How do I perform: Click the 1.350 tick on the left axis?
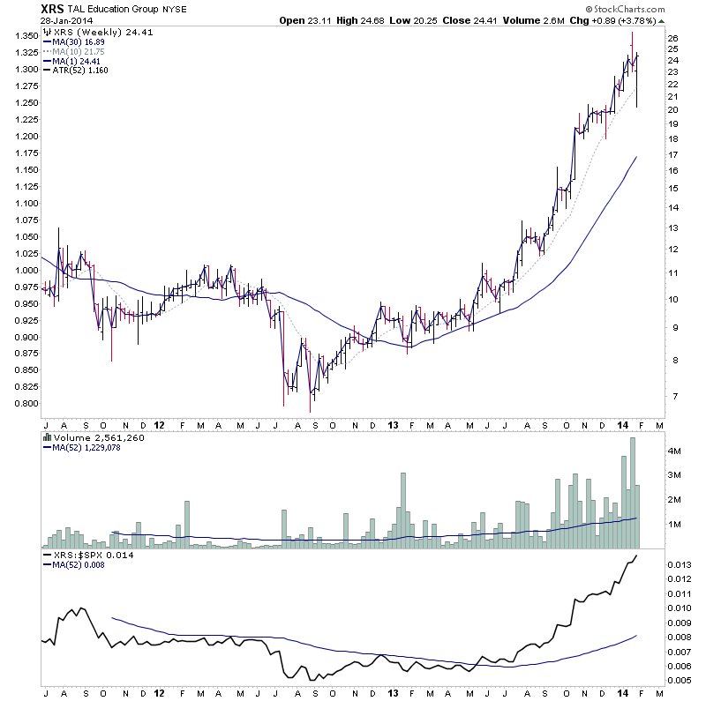point(25,36)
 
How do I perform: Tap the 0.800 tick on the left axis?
point(25,404)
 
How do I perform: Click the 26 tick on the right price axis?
point(672,39)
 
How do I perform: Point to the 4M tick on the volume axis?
point(673,451)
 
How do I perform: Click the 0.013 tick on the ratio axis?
point(678,564)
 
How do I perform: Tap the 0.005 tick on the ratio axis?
point(678,680)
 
